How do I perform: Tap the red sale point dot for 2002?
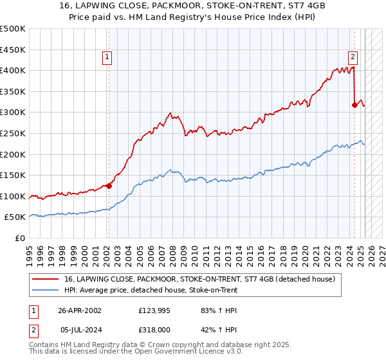tap(109, 186)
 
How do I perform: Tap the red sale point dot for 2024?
tap(354, 104)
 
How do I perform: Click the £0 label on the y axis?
tap(19, 238)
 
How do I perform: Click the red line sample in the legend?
tap(46, 280)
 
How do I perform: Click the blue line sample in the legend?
tap(46, 291)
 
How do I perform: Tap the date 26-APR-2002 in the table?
tap(80, 310)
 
